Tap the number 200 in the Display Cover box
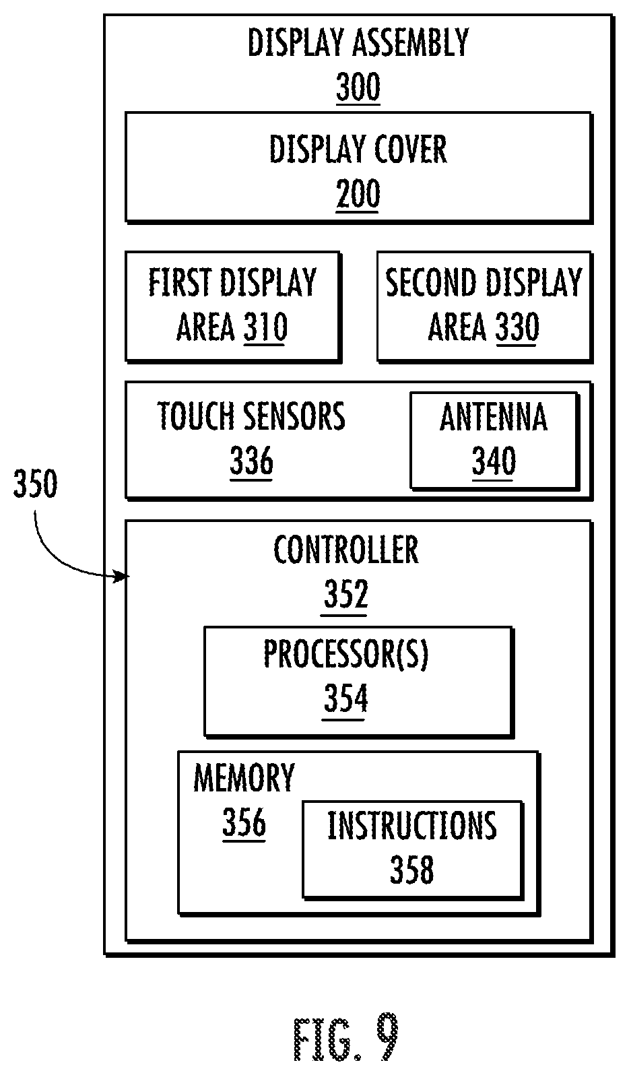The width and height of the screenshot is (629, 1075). tap(358, 193)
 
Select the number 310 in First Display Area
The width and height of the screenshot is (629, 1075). tap(265, 327)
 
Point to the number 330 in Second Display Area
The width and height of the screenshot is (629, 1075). tap(517, 327)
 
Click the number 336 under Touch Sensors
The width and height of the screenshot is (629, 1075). tap(251, 461)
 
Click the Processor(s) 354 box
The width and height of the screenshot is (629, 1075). tap(358, 682)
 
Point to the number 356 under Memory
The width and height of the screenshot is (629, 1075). tap(244, 822)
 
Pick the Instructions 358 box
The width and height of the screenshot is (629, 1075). tap(412, 849)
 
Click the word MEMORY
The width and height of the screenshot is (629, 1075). tap(244, 778)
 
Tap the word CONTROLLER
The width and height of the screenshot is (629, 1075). tap(346, 550)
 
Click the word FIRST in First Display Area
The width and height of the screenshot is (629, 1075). tap(179, 282)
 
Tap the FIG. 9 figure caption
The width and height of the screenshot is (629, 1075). tap(346, 1037)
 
